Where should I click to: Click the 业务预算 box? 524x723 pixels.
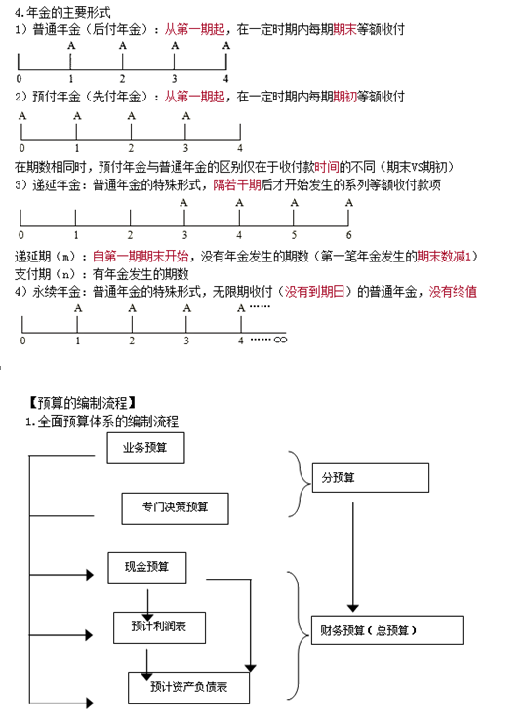point(145,448)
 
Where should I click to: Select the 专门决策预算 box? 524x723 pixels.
point(176,508)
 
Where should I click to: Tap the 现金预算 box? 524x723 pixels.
point(147,568)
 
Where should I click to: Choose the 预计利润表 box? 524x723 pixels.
point(160,627)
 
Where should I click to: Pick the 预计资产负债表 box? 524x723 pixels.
point(188,688)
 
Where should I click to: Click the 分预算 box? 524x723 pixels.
point(371,478)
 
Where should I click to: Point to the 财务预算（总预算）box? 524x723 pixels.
point(387,630)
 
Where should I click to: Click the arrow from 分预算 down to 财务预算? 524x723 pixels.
point(353,557)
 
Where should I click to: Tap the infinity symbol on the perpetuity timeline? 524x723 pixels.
point(280,340)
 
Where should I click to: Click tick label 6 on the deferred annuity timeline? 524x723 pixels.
point(348,235)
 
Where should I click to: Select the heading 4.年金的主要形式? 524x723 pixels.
point(62,12)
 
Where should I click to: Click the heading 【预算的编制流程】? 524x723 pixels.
point(82,403)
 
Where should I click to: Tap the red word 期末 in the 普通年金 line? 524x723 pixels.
point(344,30)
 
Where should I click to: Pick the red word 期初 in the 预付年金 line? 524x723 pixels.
point(344,97)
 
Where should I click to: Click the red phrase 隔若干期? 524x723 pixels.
point(237,185)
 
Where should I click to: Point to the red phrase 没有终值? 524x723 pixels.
point(453,292)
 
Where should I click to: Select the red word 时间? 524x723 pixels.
point(327,167)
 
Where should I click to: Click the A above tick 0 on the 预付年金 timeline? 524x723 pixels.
point(22,116)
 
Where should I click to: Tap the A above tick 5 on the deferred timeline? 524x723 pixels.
point(295,202)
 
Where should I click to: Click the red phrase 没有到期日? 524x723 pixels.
point(315,292)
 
